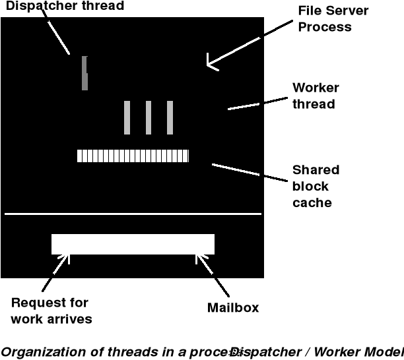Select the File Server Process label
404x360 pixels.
tap(333, 19)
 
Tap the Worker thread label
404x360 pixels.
tap(316, 96)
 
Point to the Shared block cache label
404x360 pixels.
tap(316, 186)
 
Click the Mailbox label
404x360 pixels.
tap(233, 307)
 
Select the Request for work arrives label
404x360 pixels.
tap(51, 311)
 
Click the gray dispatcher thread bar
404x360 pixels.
tap(84, 73)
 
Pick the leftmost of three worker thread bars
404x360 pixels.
tap(127, 117)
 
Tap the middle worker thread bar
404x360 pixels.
tap(149, 117)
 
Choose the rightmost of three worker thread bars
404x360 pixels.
tap(170, 117)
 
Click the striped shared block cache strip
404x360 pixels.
tap(133, 156)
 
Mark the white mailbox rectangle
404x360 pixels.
tap(133, 244)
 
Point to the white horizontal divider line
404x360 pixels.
tap(133, 214)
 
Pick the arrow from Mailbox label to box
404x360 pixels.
tap(213, 274)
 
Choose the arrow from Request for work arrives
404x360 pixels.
tap(55, 274)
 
